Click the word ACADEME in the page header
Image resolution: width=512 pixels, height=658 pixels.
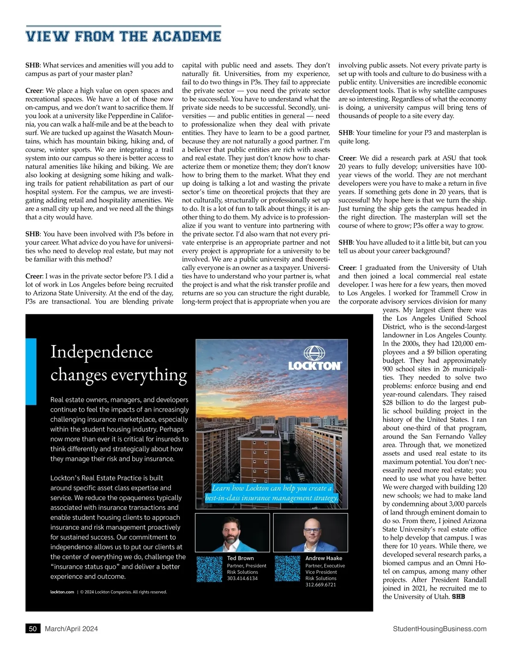[186, 36]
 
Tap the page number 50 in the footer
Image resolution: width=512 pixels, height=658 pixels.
[33, 629]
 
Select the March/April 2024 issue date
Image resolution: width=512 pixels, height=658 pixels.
[71, 629]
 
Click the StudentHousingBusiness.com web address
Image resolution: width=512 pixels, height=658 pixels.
[439, 629]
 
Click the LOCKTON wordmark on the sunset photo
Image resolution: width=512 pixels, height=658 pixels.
[314, 366]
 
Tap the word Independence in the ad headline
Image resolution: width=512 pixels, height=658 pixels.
[102, 352]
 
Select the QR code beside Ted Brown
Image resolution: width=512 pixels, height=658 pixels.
[209, 568]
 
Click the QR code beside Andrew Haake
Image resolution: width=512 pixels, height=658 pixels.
[288, 568]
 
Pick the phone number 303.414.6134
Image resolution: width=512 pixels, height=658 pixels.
[242, 578]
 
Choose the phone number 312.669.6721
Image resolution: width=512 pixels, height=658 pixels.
[320, 585]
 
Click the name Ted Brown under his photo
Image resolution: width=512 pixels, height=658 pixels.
[240, 558]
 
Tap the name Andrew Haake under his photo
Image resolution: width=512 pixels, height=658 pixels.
[323, 558]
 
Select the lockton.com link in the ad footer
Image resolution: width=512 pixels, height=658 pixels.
[62, 592]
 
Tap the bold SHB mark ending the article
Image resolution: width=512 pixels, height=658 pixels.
[458, 597]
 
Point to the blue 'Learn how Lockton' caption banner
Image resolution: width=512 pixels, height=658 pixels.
[272, 493]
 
